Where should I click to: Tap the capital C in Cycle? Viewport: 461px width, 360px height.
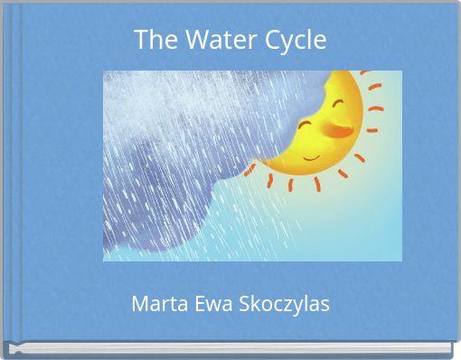coord(273,40)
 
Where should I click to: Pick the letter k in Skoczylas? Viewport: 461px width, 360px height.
coord(252,304)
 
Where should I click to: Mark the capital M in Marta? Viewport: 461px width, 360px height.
coord(140,304)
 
